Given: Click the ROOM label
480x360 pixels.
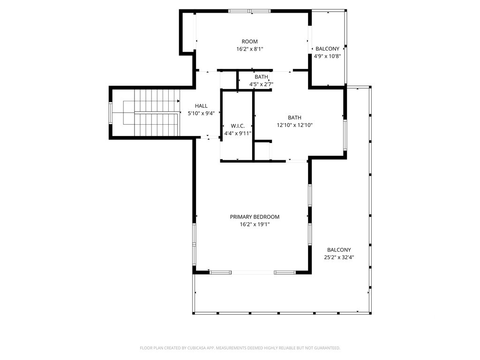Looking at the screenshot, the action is (x=249, y=41).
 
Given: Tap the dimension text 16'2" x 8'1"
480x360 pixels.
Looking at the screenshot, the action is (x=249, y=49).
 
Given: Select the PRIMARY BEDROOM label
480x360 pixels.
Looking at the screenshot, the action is (x=255, y=217).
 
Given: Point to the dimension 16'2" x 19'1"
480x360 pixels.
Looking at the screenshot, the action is (x=255, y=225).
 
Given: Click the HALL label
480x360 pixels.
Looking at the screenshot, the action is (x=201, y=106).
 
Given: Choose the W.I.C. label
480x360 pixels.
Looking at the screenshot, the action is (x=238, y=126).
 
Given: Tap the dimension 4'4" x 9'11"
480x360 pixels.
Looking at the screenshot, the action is (x=238, y=133).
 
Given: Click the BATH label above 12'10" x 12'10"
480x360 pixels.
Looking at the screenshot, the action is (x=294, y=118).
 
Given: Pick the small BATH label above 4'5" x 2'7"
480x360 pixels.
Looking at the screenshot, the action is (x=261, y=77).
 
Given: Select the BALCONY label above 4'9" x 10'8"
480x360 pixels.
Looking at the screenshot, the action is (x=327, y=49).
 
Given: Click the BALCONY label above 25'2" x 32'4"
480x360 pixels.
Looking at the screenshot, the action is (x=339, y=250).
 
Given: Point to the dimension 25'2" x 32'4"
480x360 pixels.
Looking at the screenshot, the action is (x=339, y=257).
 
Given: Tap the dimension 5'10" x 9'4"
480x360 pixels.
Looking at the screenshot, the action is (x=201, y=113).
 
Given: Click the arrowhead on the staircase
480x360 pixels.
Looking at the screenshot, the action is (x=179, y=101).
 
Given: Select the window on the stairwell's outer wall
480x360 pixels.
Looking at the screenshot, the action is (x=111, y=112).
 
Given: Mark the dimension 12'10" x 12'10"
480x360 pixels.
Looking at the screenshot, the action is (x=294, y=125).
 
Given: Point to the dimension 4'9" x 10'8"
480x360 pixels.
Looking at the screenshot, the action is (x=327, y=56).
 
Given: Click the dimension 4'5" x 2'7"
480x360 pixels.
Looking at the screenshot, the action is (x=261, y=84).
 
